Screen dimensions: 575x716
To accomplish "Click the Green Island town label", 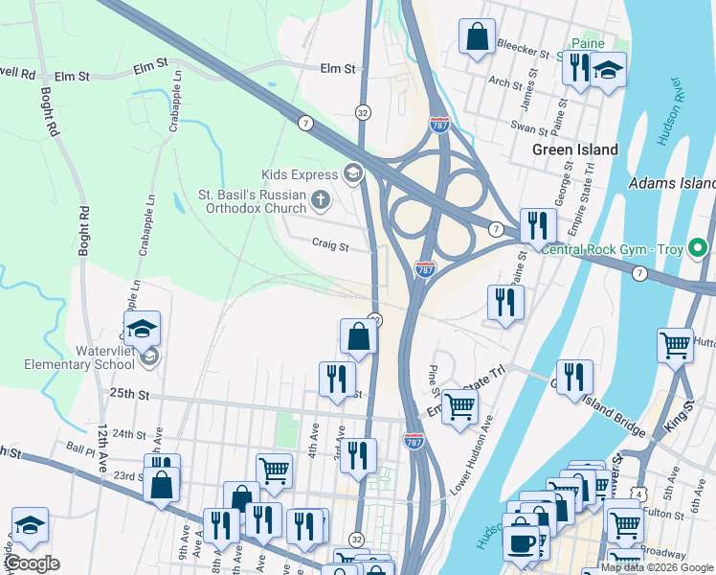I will [574, 149].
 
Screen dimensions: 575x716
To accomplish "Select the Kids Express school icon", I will [352, 173].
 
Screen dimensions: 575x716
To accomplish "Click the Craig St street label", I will [329, 244].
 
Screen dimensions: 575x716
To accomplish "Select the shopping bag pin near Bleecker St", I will [477, 38].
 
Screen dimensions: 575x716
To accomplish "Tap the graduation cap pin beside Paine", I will [607, 71].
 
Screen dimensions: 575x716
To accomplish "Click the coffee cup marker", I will [522, 543].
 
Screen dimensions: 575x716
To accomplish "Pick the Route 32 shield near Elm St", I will [363, 112].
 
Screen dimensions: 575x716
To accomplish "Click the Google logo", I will [32, 564].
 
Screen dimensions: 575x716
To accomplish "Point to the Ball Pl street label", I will [82, 448].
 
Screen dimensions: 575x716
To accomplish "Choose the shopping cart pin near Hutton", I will [675, 344].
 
